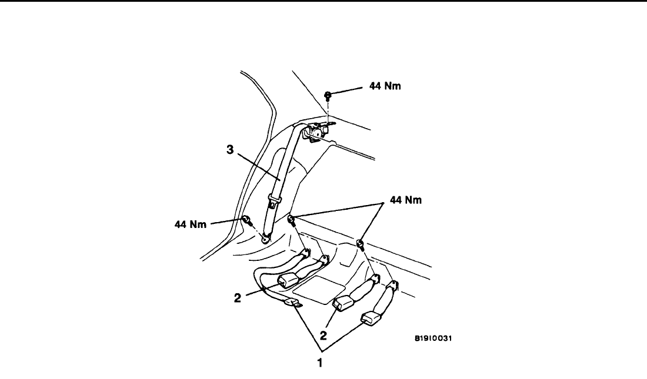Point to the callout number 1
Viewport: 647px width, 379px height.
tap(320, 363)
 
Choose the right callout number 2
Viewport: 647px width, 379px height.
tap(323, 336)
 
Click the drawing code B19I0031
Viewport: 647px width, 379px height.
tap(436, 338)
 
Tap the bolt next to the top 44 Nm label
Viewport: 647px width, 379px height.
tap(328, 95)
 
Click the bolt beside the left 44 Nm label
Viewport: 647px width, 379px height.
tap(247, 221)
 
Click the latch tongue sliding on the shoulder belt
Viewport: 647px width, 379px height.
tap(273, 201)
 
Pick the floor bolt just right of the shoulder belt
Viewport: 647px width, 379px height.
tap(291, 220)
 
